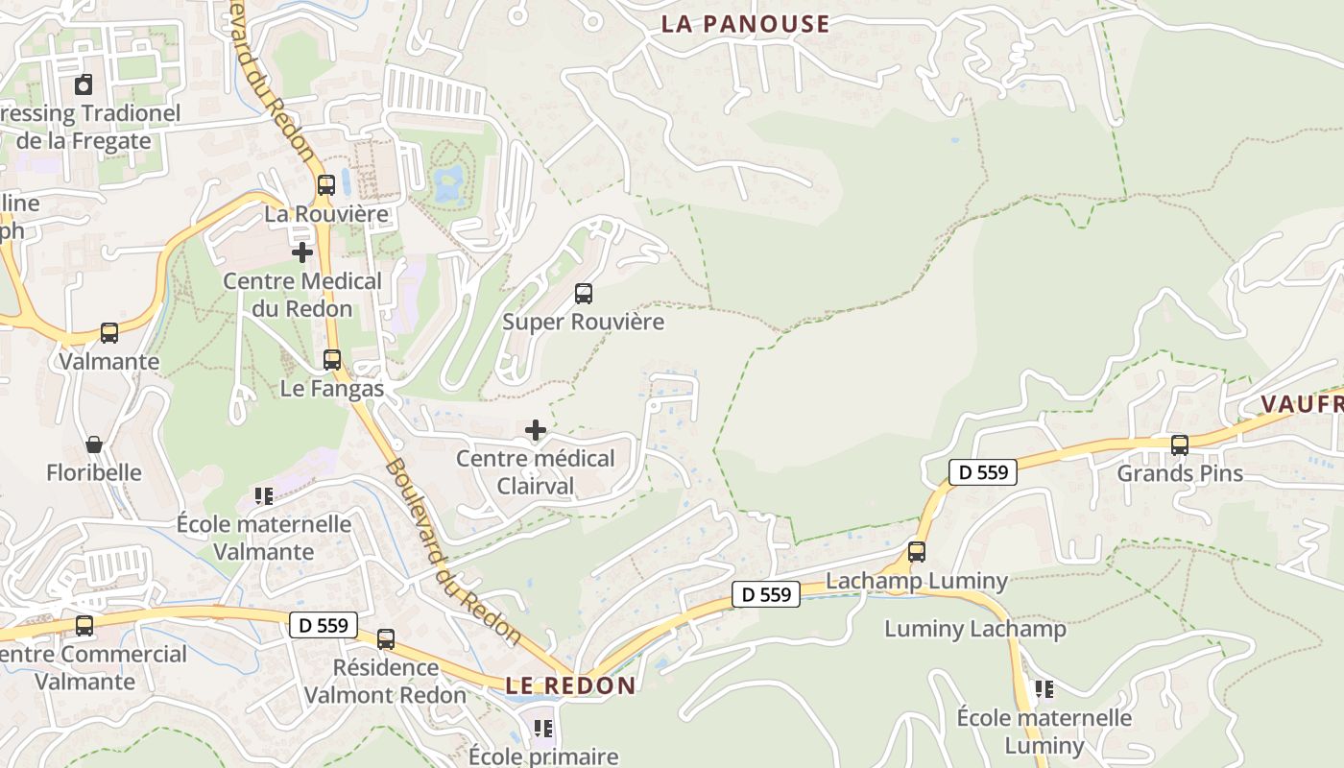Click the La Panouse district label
coord(745,24)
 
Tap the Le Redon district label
coord(570,685)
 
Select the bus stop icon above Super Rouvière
coord(584,294)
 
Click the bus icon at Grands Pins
coord(1180,445)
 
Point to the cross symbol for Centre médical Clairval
coord(536,430)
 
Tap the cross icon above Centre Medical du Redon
coord(302,252)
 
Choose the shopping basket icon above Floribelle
coord(94,444)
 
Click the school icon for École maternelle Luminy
coord(1044,689)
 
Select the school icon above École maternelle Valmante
coord(264,496)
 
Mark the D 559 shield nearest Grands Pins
coord(983,472)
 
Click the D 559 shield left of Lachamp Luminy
coord(766,595)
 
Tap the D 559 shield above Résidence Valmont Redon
coord(324,626)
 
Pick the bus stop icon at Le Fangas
coord(332,360)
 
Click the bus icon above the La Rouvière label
coord(326,185)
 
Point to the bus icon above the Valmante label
coord(109,333)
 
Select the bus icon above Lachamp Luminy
coord(917,552)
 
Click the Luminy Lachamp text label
coord(974,629)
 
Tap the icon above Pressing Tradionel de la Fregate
coord(84,84)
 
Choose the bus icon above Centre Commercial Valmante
coord(84,626)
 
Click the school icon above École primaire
coord(543,729)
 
